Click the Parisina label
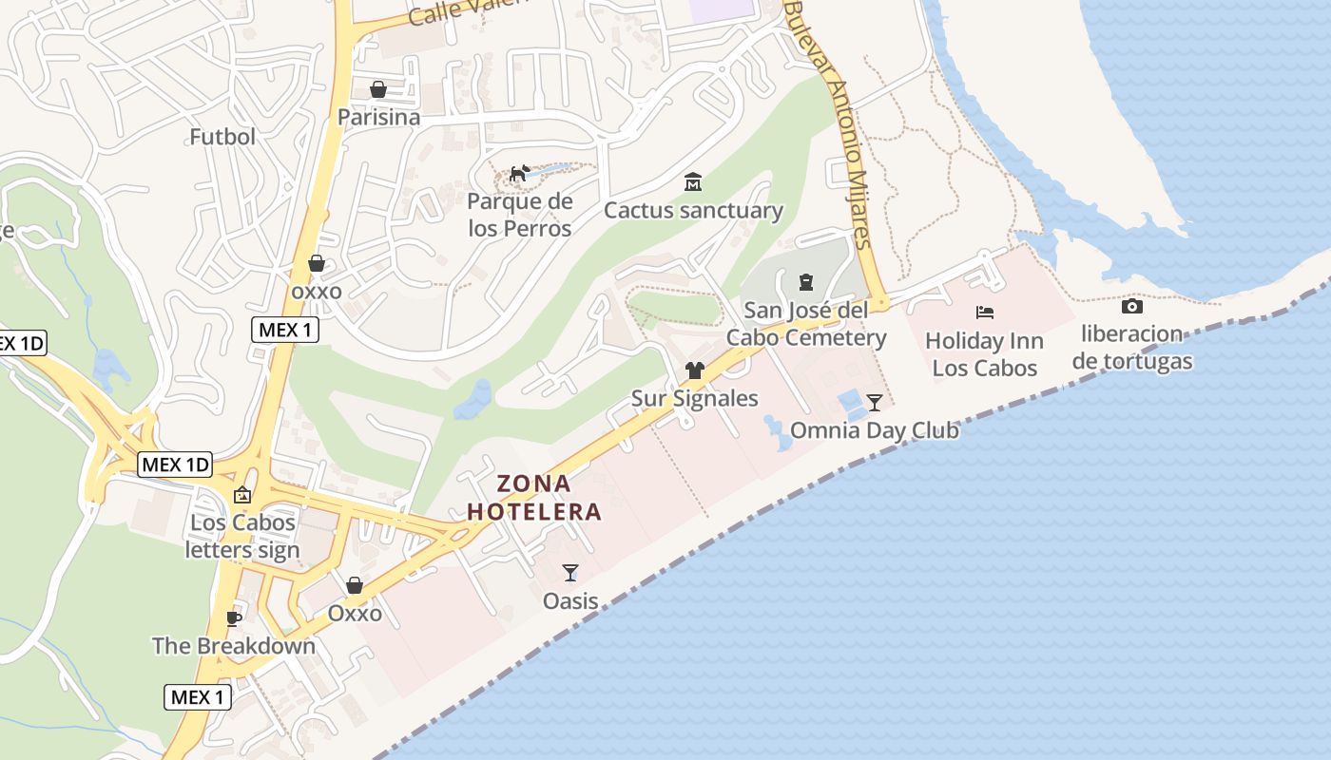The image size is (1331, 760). (x=378, y=117)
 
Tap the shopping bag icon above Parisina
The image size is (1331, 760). (x=378, y=89)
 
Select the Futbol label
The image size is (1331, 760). (x=222, y=137)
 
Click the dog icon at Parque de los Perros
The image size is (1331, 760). (x=519, y=174)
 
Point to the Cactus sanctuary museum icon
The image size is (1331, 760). (x=693, y=182)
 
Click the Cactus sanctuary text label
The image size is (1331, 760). (x=693, y=210)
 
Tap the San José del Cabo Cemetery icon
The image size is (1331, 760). (x=806, y=282)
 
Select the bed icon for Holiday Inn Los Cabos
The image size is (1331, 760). (x=985, y=312)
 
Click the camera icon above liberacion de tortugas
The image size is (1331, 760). (x=1131, y=306)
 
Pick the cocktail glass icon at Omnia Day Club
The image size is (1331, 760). (x=875, y=402)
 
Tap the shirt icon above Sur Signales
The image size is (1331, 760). (x=695, y=370)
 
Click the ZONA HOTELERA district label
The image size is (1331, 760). (x=534, y=498)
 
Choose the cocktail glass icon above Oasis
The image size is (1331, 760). (x=570, y=572)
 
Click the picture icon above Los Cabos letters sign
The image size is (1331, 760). (x=242, y=495)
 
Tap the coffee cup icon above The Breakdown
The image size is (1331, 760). (x=233, y=619)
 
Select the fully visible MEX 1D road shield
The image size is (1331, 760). (x=175, y=465)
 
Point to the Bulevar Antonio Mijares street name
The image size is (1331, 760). (x=832, y=123)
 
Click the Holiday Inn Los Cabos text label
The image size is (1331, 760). (x=984, y=354)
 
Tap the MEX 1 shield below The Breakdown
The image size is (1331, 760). (x=198, y=697)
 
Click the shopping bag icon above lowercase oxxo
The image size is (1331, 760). (x=317, y=263)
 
